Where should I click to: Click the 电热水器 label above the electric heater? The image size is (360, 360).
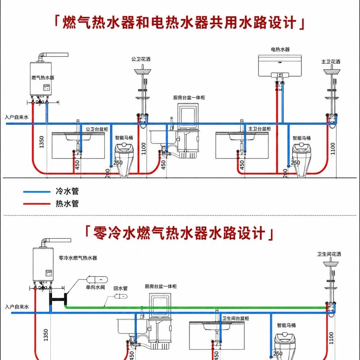pos(280,49)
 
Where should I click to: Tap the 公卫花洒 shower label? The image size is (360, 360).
pos(141,59)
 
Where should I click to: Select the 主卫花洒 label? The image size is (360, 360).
pos(330,62)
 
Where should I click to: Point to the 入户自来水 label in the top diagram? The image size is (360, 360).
pos(17,117)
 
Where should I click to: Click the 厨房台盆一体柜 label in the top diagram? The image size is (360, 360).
pos(189,97)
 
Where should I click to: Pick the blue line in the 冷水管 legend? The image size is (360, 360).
pos(37,192)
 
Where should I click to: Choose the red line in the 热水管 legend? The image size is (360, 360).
pos(37,204)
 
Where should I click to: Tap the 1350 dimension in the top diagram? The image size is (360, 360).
pos(41,142)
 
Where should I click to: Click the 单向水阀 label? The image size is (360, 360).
pos(95,287)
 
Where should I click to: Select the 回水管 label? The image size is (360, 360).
pos(121,288)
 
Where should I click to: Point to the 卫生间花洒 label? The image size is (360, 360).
pos(329,254)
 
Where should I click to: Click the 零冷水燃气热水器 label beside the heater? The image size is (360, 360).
pos(78,258)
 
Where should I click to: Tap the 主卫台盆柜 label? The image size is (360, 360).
pos(260,129)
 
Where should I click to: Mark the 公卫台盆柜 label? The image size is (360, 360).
pos(97,129)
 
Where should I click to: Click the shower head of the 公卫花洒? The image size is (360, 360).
pos(143,71)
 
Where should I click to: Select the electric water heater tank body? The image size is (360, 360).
pos(280,66)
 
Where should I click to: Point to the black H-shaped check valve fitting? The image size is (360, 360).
pos(59,299)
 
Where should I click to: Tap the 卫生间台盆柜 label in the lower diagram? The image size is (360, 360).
pos(236,319)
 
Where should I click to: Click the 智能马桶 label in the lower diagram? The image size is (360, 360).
pos(286,325)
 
